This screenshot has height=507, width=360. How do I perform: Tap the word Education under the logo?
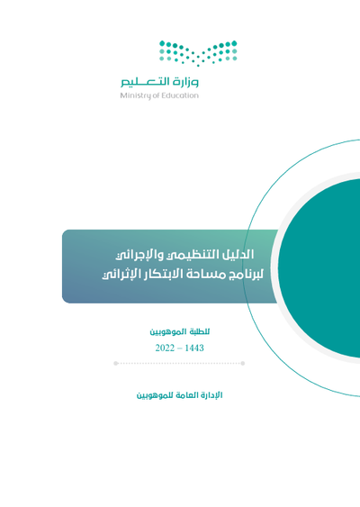point(179,96)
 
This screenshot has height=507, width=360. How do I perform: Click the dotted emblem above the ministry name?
point(198,53)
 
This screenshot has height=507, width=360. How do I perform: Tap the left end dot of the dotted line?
point(116,364)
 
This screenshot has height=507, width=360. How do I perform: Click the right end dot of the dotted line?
point(244,364)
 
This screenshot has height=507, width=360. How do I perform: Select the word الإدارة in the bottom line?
point(210,395)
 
